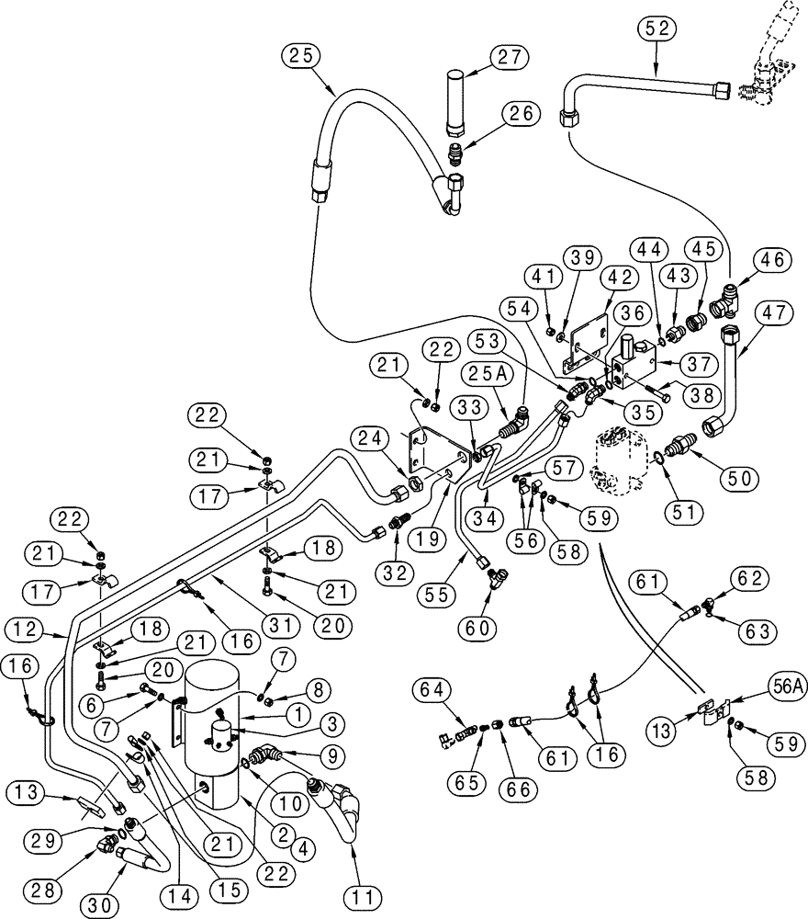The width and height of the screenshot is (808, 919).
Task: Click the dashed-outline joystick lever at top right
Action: coord(767,60)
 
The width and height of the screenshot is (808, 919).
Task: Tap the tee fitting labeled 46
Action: coord(731,295)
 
